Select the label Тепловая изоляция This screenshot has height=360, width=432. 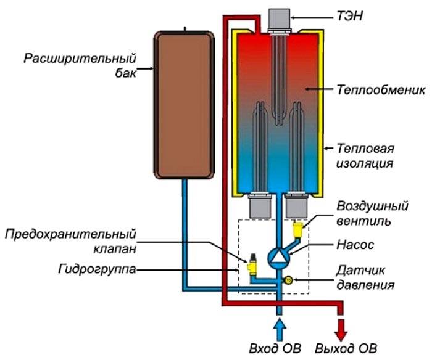click(x=366, y=157)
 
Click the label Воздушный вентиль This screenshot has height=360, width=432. click(x=367, y=212)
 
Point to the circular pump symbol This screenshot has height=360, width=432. click(x=278, y=254)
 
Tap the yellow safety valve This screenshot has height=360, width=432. click(x=252, y=264)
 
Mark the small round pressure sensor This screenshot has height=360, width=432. click(x=288, y=280)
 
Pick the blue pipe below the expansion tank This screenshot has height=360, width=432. click(x=185, y=234)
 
